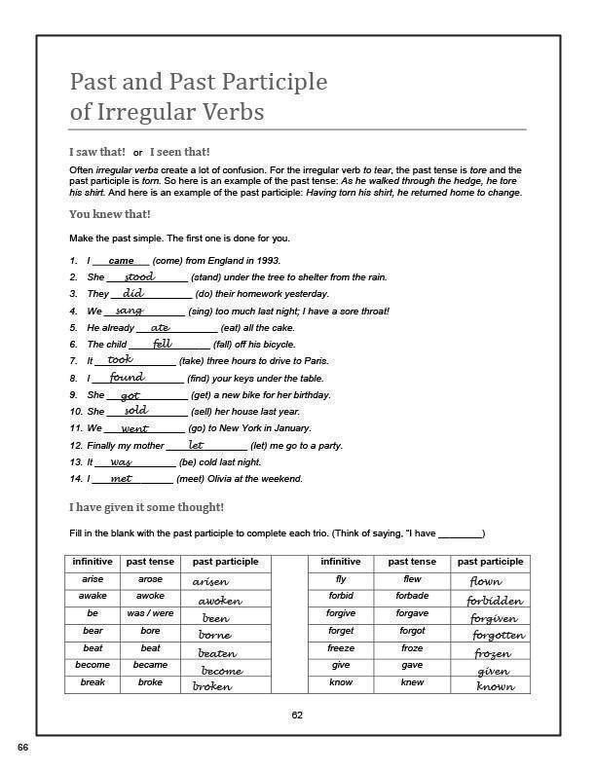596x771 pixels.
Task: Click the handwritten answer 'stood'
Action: (x=139, y=277)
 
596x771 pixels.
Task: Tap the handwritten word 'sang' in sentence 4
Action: (x=129, y=311)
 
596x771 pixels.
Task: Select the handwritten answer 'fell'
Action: (x=162, y=344)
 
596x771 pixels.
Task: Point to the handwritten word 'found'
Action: (x=127, y=377)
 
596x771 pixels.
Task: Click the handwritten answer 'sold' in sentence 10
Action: (x=135, y=411)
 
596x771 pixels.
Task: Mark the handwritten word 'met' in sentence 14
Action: (x=121, y=478)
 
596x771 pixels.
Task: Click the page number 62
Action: (x=297, y=716)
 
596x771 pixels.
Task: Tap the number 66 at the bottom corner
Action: (x=22, y=748)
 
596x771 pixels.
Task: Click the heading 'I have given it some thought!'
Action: (x=146, y=507)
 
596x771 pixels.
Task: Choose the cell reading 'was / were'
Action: (x=150, y=613)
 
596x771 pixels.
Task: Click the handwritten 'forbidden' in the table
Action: (x=494, y=601)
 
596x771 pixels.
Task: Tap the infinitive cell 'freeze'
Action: (x=341, y=648)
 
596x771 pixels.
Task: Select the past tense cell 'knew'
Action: (x=412, y=682)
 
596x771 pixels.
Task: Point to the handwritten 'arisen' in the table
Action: (x=210, y=581)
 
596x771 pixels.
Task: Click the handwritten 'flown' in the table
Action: (x=485, y=582)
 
